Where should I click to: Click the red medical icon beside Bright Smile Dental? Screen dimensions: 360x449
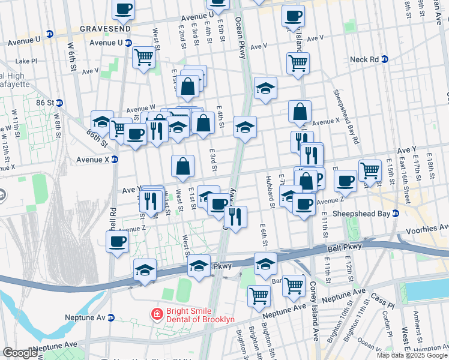[157, 314]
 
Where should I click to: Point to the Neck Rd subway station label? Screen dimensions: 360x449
[364, 59]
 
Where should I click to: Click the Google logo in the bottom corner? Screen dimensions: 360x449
[20, 353]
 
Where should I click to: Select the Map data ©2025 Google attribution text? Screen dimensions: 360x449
[412, 355]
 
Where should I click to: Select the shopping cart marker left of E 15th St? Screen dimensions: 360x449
[370, 171]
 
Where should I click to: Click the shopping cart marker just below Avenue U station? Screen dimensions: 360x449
[143, 58]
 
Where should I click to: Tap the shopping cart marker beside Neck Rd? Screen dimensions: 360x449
[298, 63]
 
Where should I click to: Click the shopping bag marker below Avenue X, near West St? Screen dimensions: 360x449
[182, 166]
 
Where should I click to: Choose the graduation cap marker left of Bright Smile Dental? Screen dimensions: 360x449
[145, 271]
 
